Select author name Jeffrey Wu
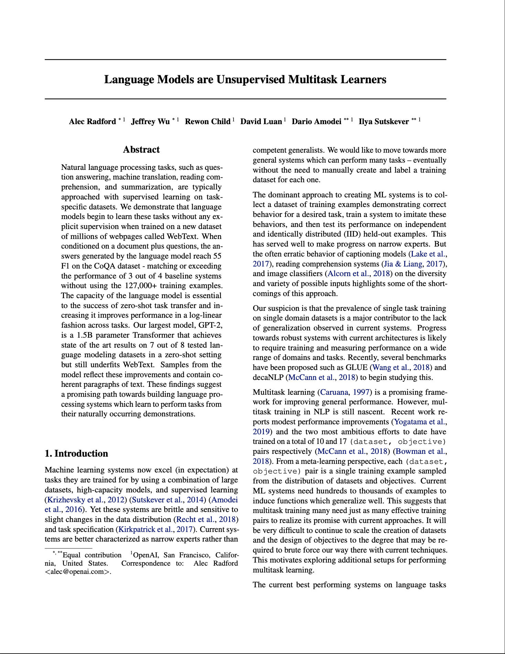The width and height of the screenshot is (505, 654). point(150,122)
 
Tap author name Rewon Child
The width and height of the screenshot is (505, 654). point(208,122)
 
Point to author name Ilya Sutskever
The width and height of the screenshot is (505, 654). point(384,122)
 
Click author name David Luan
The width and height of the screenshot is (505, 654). point(261,122)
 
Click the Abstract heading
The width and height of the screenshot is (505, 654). point(141,150)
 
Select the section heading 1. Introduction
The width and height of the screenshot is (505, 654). point(76,454)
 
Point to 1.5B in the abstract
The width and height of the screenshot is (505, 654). point(85,335)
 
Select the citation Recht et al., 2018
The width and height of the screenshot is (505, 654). point(206,520)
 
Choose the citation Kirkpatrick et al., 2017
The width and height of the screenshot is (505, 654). point(155,530)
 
